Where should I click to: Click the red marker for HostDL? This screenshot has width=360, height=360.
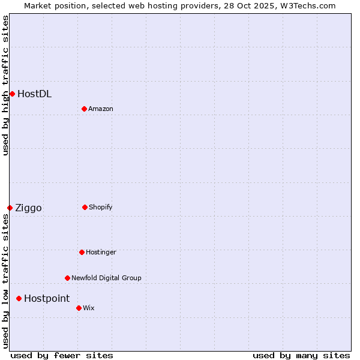tap(12, 94)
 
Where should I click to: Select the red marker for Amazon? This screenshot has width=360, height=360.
tap(84, 109)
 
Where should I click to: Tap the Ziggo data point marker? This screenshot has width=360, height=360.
tap(10, 208)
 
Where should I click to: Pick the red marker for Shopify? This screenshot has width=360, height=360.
tap(85, 207)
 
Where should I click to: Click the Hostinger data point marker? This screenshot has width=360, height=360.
tap(82, 252)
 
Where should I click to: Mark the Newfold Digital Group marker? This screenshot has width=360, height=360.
tap(67, 278)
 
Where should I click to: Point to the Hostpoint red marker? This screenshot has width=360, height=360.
tap(19, 298)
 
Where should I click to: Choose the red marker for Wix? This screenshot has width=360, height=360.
tap(79, 308)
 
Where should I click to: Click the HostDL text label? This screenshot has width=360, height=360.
tap(34, 94)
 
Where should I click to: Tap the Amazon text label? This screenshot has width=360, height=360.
tap(101, 109)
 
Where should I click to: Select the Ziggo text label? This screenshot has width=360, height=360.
tap(28, 208)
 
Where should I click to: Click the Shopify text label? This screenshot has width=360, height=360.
tap(101, 207)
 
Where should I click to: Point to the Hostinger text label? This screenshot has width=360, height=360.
tap(101, 252)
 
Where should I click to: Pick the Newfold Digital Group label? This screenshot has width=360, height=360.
tap(106, 278)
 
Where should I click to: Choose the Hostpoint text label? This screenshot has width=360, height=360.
tap(47, 299)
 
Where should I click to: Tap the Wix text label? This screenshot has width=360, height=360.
tap(89, 308)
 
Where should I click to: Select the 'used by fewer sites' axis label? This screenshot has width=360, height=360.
tap(62, 355)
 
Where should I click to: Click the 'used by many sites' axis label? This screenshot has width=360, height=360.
tap(301, 355)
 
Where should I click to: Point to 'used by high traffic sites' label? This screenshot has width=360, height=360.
tap(5, 85)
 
